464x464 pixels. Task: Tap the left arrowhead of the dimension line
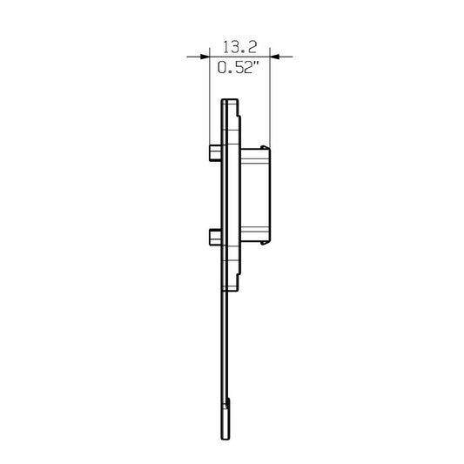click(204, 57)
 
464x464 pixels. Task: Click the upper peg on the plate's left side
click(215, 153)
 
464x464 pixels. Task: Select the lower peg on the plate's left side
click(215, 236)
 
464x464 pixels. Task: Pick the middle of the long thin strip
click(223, 348)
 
